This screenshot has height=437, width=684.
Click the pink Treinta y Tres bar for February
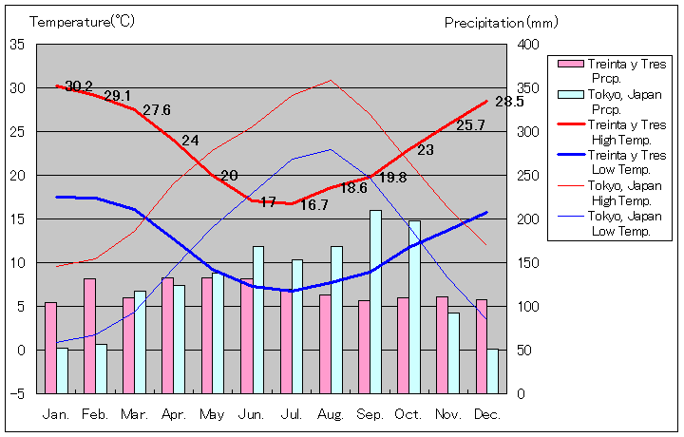point(89,335)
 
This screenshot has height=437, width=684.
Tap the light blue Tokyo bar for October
point(414,307)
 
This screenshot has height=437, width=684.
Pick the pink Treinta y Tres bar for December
point(482,346)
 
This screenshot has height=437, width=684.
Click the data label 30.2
point(80,86)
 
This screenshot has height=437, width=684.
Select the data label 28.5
point(509,102)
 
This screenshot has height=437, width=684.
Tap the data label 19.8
point(392,178)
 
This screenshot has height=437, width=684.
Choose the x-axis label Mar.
point(134,414)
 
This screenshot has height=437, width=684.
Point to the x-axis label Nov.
point(447,414)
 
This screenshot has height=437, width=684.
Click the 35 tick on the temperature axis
point(18,45)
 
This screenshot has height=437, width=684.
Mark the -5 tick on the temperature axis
point(18,393)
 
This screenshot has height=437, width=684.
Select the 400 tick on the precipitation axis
point(529,45)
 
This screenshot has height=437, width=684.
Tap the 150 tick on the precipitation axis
point(529,262)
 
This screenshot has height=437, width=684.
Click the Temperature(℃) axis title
point(84,21)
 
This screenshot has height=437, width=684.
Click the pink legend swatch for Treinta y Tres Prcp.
point(569,64)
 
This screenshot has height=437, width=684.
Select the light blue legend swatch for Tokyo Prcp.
point(569,94)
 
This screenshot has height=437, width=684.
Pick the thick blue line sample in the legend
point(569,155)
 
